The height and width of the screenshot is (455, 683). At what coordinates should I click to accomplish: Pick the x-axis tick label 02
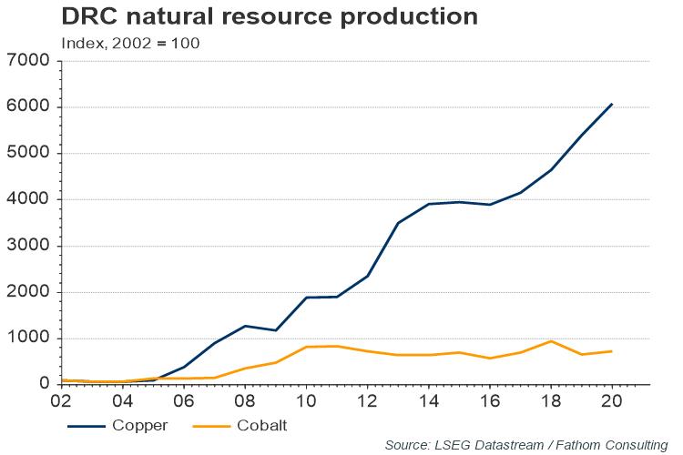(x=60, y=401)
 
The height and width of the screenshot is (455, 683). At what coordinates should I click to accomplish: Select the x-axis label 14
(x=427, y=401)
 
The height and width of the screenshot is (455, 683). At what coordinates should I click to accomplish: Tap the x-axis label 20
(x=611, y=401)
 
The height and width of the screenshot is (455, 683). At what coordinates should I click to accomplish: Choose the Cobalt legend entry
(x=244, y=425)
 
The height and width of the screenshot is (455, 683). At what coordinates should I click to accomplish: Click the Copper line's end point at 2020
(x=611, y=104)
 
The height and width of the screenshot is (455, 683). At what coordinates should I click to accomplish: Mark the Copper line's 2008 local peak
(x=244, y=326)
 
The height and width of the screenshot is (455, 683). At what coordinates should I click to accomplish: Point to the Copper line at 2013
(x=397, y=223)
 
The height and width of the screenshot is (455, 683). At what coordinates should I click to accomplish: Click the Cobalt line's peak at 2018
(x=550, y=341)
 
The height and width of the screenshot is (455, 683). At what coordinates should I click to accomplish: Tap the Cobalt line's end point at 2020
(x=611, y=351)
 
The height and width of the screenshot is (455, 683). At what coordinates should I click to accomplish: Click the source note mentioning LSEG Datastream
(x=525, y=444)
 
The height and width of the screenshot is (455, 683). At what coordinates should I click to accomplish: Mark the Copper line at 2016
(x=489, y=205)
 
